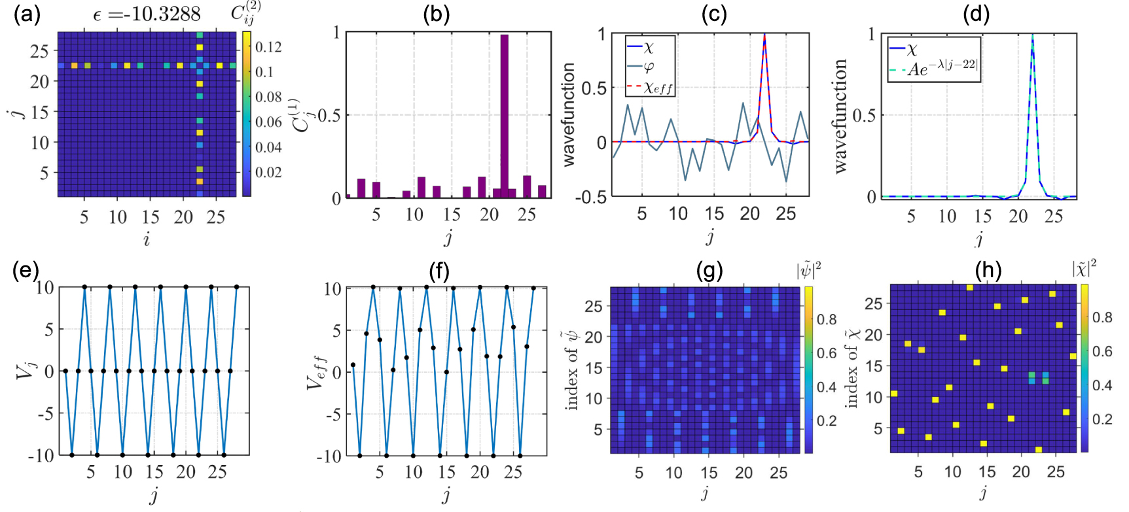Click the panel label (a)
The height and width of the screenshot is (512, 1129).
[27, 14]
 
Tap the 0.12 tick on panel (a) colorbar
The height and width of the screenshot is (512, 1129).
[268, 47]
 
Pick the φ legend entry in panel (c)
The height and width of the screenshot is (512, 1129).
[649, 67]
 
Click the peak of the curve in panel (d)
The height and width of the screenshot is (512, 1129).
[1033, 35]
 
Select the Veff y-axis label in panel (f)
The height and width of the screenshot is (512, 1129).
[317, 373]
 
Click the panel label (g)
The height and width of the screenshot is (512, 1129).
[709, 270]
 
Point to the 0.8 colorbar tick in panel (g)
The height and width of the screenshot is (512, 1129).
[827, 319]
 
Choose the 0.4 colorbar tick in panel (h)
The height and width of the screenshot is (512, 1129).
[1102, 385]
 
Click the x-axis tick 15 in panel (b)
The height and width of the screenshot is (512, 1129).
[452, 214]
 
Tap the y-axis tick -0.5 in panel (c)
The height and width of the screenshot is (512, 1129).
[592, 196]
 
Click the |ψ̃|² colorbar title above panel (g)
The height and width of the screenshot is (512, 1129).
[809, 270]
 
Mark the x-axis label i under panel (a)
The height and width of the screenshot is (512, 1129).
[147, 240]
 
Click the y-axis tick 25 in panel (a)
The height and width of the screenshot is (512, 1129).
[40, 51]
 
